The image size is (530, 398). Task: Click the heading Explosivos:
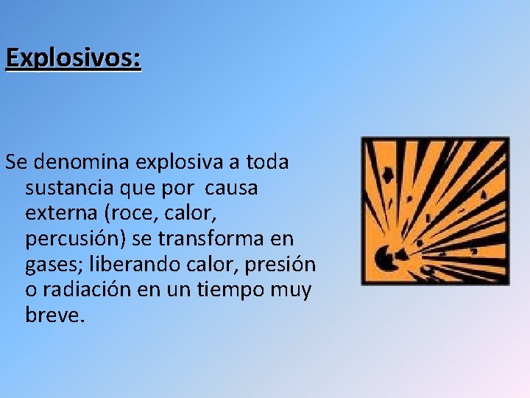click(x=73, y=57)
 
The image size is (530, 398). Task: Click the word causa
click(x=232, y=187)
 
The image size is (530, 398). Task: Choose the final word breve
click(x=55, y=316)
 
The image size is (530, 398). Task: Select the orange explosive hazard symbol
click(x=435, y=211)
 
